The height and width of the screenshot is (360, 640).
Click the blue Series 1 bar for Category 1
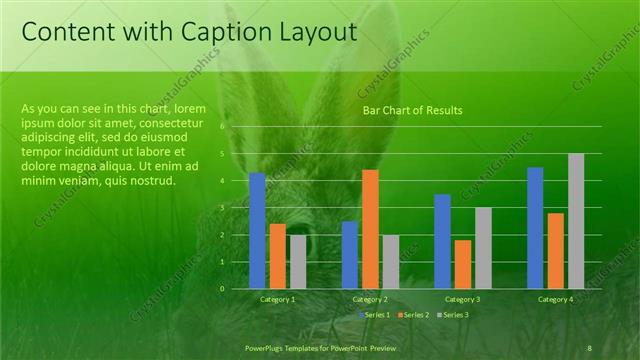point(257,231)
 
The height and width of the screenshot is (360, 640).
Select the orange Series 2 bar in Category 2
point(370,229)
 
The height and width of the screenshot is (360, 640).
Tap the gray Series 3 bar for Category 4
point(576,221)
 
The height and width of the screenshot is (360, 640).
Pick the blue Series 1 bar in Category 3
point(442,241)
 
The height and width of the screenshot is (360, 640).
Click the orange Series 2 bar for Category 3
point(463,264)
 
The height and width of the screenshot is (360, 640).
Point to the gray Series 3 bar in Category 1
point(298,262)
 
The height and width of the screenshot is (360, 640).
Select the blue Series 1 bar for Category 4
point(535,228)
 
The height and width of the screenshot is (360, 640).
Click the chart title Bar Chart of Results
point(412,110)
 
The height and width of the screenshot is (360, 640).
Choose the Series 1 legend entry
point(376,315)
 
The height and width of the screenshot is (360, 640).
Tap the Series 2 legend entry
point(414,315)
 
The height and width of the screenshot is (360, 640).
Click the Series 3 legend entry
point(451,315)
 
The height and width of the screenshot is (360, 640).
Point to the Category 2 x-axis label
point(370,299)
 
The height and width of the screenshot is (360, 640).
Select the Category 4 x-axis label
point(556,299)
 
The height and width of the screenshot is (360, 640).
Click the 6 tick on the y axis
point(222,127)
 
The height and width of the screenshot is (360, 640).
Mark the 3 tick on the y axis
point(222,208)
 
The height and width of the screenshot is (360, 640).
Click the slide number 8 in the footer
point(589,347)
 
